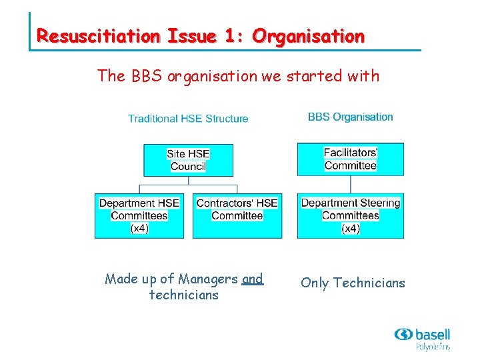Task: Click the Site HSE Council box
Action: coord(188,160)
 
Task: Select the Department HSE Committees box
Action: coord(139,215)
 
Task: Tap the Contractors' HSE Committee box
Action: coord(237,215)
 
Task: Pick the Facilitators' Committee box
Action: coord(350,159)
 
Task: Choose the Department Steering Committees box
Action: coord(350,215)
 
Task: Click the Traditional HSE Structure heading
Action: coord(188,119)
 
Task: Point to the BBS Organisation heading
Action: coord(350,117)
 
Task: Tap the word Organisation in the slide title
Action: coord(308,36)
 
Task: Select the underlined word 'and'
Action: coord(253,279)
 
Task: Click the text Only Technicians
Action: coord(353,283)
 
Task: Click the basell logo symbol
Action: coord(403,334)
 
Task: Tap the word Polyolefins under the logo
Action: coord(433,347)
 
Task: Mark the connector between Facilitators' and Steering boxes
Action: coord(350,185)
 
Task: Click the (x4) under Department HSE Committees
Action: coord(139,228)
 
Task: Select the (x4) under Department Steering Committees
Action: coord(350,228)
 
